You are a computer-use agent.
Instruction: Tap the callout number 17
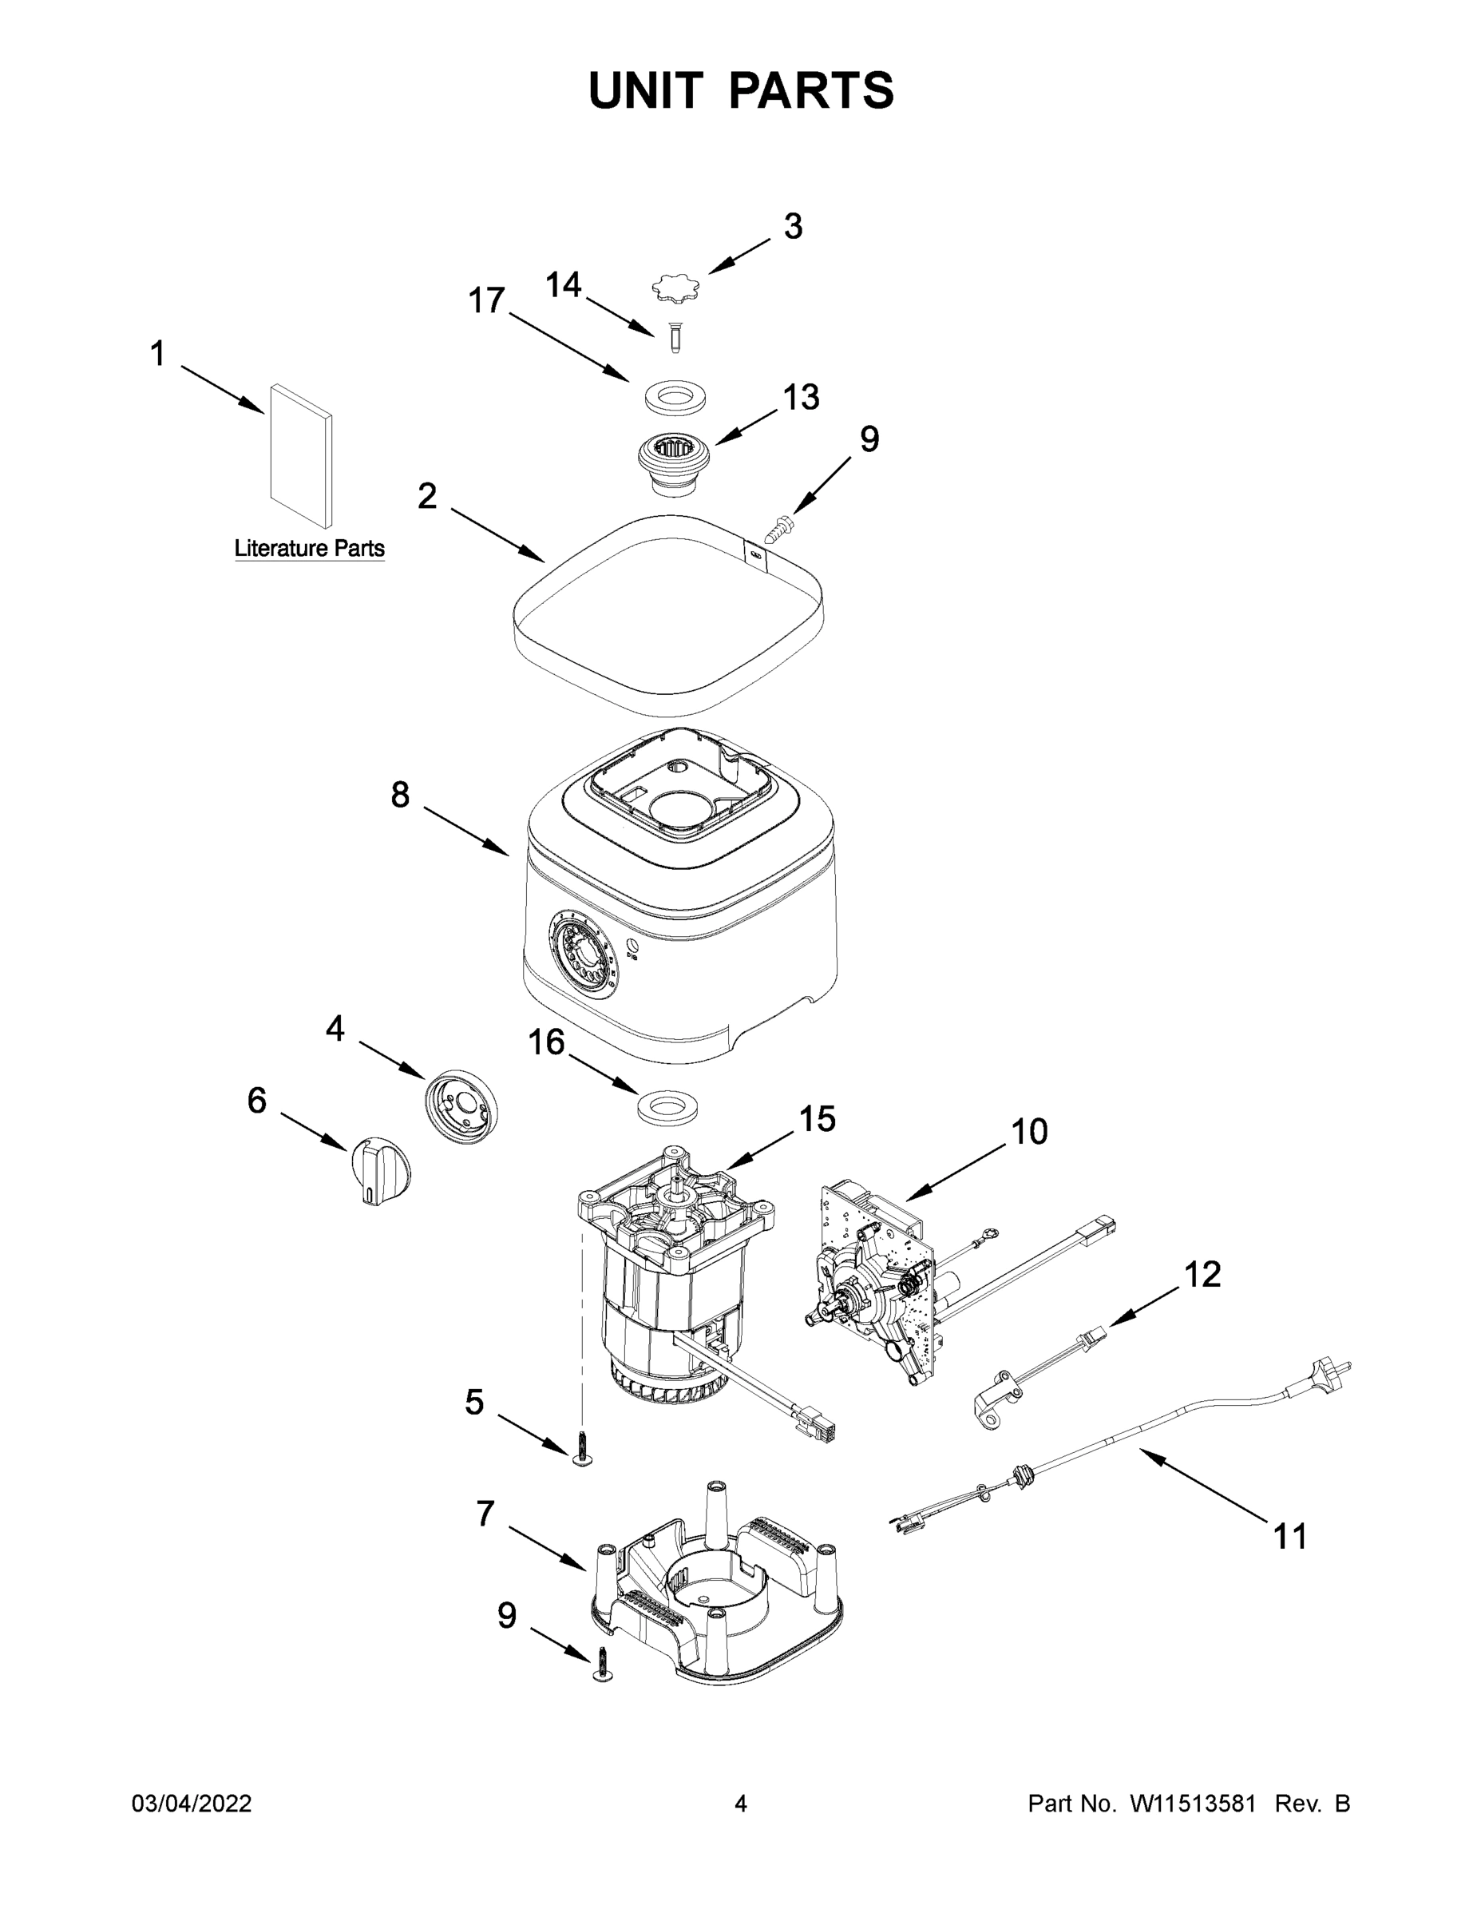pos(487,300)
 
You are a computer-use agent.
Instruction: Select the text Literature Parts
pos(309,549)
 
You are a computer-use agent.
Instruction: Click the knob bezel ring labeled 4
pos(461,1109)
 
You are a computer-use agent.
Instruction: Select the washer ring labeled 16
pos(672,1107)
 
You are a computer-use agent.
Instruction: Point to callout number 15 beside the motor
pos(817,1119)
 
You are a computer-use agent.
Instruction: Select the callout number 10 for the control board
pos(1029,1133)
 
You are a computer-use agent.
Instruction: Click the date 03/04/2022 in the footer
pos(192,1804)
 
